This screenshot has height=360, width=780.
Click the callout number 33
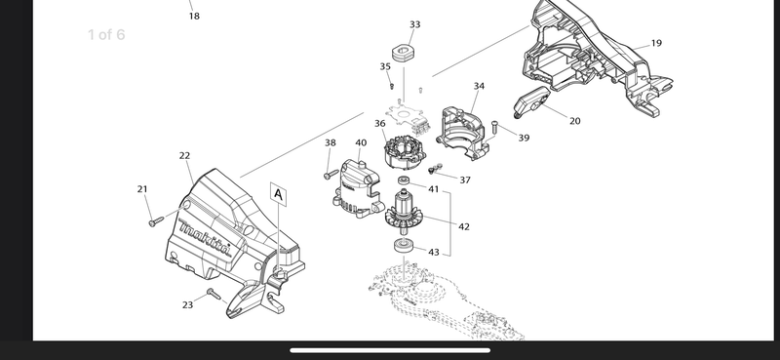[x=415, y=24]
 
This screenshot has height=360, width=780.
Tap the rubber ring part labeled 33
[x=404, y=53]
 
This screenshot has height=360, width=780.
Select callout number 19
[x=656, y=43]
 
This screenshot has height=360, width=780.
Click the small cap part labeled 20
[x=530, y=101]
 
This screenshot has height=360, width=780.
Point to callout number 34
[x=479, y=86]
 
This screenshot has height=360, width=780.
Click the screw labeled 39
[x=494, y=127]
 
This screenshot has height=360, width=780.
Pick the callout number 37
[x=465, y=180]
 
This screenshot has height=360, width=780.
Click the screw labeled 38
[x=331, y=175]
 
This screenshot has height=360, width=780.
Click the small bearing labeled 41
[x=404, y=180]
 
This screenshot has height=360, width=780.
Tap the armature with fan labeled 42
[x=404, y=213]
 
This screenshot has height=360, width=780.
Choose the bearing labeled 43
[x=403, y=246]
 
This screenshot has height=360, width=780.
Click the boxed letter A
[x=279, y=195]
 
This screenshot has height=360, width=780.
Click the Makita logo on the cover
[x=205, y=238]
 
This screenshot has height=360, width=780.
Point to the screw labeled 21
[x=156, y=221]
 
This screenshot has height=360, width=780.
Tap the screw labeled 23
[x=214, y=294]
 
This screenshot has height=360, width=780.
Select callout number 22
[x=184, y=156]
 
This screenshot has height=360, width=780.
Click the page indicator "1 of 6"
[x=106, y=35]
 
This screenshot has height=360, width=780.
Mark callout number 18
[x=194, y=17]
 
